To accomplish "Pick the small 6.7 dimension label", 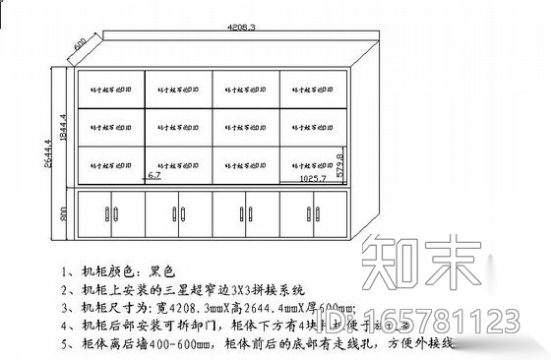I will tap(154, 174).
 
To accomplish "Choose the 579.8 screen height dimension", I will tap(340, 164).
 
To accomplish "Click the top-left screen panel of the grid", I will tap(110, 88).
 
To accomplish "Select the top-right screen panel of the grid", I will tap(315, 88).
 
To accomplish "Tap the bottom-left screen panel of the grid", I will tap(110, 163).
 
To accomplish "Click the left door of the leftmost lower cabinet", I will tap(95, 213).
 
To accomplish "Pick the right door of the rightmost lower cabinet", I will tap(333, 213).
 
